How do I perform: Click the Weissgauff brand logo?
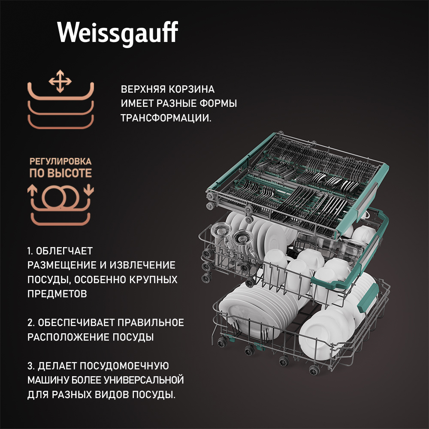[x=118, y=33]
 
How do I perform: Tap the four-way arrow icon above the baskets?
[x=60, y=81]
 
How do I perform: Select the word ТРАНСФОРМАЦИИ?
[x=166, y=118]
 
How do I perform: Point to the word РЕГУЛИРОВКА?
[x=60, y=161]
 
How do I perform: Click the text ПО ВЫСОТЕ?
[x=60, y=173]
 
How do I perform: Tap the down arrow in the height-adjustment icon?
[x=89, y=190]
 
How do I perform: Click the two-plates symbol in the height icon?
[x=60, y=196]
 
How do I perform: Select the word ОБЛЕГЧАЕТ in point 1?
[x=64, y=251]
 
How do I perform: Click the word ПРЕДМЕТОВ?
[x=57, y=294]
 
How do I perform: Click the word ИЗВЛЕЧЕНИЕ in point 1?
[x=142, y=265]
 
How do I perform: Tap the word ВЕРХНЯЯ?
[x=143, y=89]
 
